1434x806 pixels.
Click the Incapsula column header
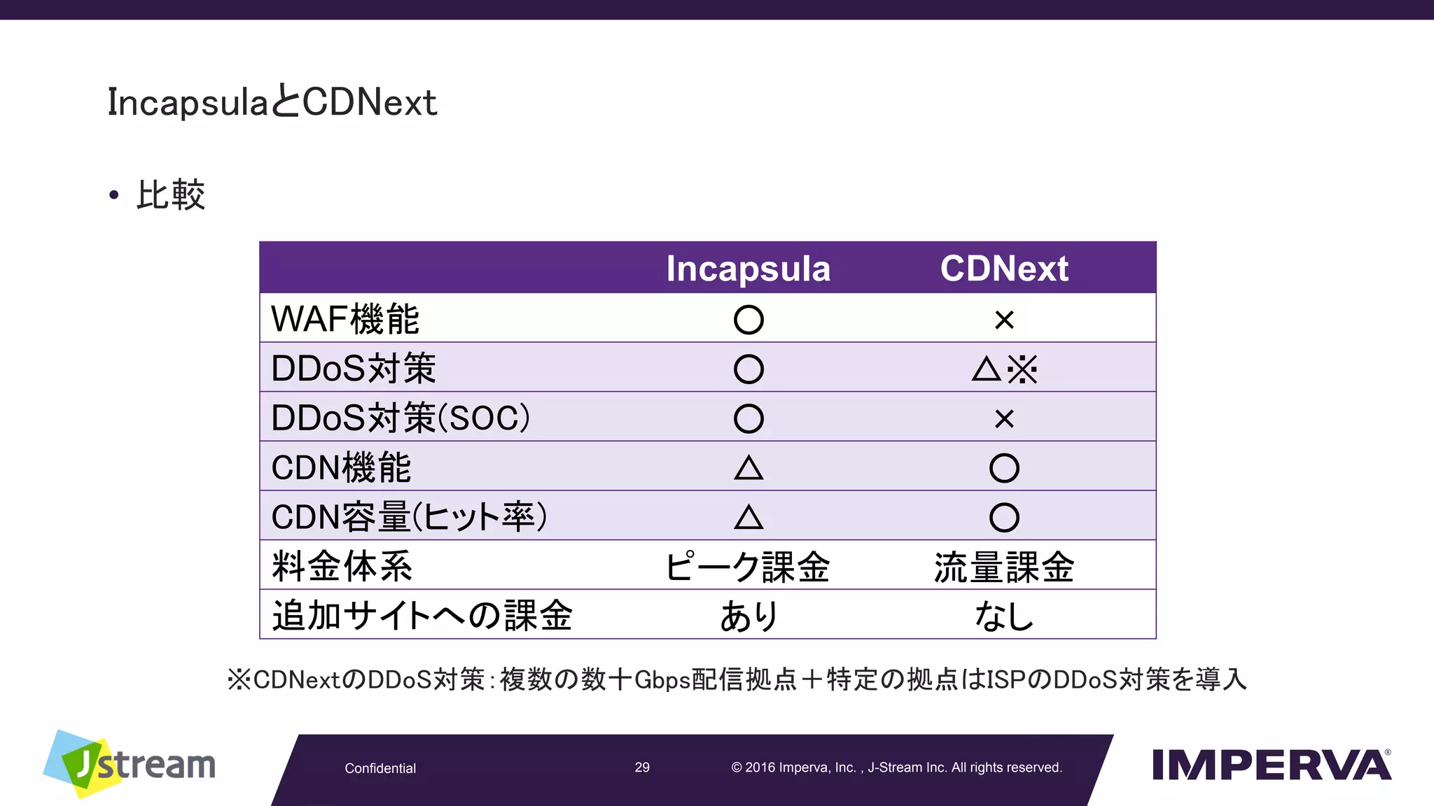pos(748,269)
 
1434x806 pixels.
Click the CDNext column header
pos(1004,269)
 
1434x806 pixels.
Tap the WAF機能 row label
pos(345,319)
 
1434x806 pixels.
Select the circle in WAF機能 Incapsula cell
pos(749,320)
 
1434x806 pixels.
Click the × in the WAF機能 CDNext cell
pos(1004,320)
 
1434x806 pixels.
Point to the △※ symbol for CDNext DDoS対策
pos(1004,369)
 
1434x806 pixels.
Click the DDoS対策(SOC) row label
pos(401,418)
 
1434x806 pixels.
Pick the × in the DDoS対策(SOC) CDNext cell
pos(1004,418)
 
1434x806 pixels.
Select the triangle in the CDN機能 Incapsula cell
pos(749,467)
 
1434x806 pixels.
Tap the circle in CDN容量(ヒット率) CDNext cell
pos(1004,518)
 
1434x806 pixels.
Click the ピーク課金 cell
pos(748,567)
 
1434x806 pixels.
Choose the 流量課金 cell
pos(1004,567)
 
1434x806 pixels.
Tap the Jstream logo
pos(130,764)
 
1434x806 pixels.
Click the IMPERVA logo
pos(1271,764)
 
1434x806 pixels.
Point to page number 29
pos(642,768)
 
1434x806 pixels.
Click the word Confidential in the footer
pos(380,768)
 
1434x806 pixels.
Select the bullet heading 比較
pos(170,195)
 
